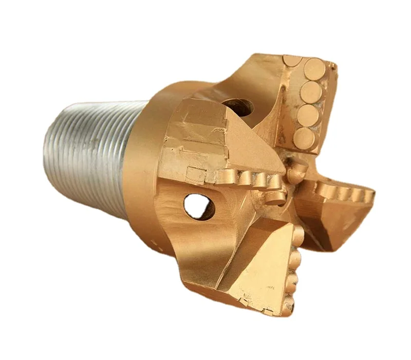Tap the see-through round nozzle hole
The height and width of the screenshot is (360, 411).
pos(199,206)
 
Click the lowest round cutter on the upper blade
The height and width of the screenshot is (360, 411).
pos(305,137)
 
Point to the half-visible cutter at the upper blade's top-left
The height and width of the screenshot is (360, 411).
pos(293,60)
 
